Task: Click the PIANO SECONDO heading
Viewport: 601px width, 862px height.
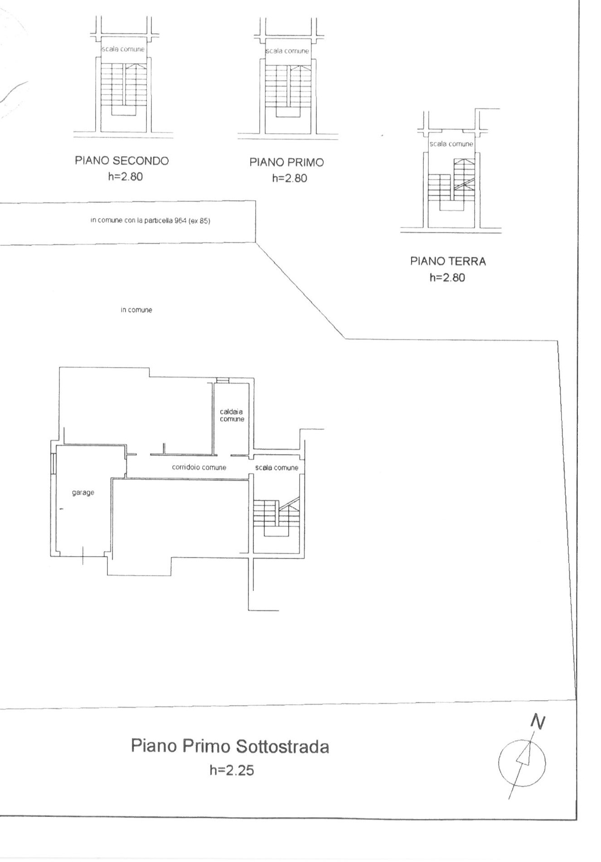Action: tap(121, 160)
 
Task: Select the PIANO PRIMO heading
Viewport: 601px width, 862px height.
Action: tap(287, 162)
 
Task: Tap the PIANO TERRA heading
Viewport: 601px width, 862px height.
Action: tap(448, 261)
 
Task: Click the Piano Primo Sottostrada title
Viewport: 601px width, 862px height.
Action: tap(230, 746)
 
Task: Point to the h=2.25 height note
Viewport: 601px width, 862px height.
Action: tap(232, 770)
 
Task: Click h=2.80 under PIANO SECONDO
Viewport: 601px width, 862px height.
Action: tap(125, 177)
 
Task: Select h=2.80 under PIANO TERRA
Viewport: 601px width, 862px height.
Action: tap(447, 277)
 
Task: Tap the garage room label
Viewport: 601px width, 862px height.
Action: tap(83, 493)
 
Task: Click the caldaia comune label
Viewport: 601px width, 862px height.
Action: tap(232, 416)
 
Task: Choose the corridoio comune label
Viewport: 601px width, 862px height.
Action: tap(199, 467)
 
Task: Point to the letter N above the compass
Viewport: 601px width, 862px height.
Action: tap(538, 722)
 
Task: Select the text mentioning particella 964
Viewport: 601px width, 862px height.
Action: tap(150, 221)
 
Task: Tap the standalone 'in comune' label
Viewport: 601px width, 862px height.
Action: tap(136, 310)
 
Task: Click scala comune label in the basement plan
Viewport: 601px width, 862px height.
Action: tap(277, 468)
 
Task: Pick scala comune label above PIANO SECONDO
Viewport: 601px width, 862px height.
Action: tap(123, 49)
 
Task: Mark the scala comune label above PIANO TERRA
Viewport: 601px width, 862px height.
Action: tap(451, 144)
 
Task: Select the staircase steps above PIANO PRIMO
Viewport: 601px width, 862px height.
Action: tap(288, 89)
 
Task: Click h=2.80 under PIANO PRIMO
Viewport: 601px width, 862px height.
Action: tap(289, 179)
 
